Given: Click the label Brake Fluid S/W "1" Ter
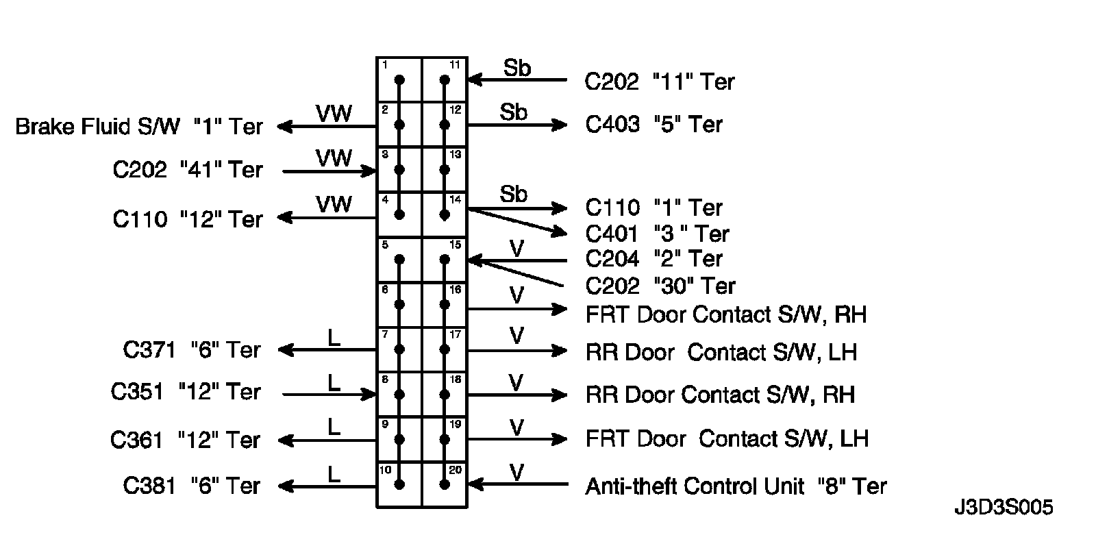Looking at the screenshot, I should (139, 127).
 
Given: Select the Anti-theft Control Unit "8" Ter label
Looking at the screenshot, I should (736, 486).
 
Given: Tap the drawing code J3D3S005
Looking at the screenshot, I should (1004, 508).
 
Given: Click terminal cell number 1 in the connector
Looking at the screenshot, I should (399, 80).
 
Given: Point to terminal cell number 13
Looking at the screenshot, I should (445, 169).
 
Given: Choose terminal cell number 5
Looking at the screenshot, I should (399, 260).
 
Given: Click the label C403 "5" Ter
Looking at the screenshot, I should (653, 124).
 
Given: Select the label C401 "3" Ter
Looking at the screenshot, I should (657, 234).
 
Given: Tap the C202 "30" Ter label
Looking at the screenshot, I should (660, 286).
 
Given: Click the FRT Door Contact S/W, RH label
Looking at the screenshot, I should (726, 314).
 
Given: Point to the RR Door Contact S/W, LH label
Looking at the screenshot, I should (721, 352).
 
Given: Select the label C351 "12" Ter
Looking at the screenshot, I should (186, 392).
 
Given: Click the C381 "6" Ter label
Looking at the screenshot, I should (192, 486).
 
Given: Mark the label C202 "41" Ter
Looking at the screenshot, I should (188, 169).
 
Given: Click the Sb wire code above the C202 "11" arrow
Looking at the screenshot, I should (517, 68).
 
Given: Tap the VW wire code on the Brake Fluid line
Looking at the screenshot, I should (334, 113).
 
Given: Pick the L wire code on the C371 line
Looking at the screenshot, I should (334, 338).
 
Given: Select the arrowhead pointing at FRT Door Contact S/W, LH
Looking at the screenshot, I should (560, 439).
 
